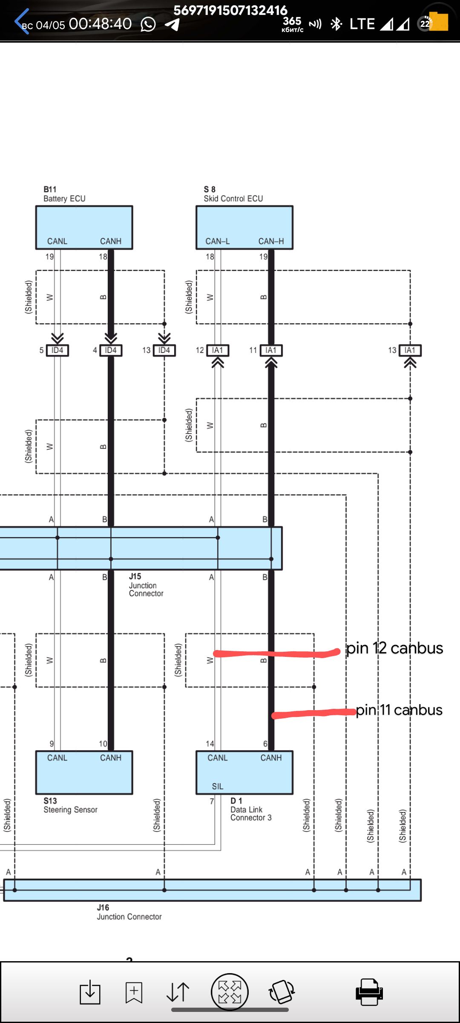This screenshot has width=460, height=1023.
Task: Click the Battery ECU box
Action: click(84, 227)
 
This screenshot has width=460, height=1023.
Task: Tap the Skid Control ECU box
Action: click(244, 227)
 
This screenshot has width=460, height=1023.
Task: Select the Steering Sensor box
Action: click(84, 772)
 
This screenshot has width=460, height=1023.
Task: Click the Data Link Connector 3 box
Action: click(244, 772)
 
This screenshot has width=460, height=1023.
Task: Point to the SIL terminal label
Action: click(218, 786)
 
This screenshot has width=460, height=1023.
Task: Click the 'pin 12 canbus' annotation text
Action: click(394, 648)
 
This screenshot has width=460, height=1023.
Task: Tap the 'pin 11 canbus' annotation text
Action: click(399, 710)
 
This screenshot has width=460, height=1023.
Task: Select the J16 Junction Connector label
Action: click(129, 913)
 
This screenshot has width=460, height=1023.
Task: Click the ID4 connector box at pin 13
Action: click(164, 350)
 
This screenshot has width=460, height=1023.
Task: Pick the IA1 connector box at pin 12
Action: click(218, 350)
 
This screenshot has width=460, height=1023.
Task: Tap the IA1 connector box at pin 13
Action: click(410, 350)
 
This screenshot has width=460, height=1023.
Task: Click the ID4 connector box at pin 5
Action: click(57, 350)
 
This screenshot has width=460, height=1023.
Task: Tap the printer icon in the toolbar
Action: click(369, 992)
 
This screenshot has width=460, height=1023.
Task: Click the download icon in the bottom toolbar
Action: click(90, 992)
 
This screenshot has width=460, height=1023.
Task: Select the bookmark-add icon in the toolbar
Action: click(134, 992)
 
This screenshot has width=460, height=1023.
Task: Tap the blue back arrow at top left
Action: click(21, 21)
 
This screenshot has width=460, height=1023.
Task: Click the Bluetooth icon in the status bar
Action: click(336, 24)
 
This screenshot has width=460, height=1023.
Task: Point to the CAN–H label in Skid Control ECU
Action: click(271, 241)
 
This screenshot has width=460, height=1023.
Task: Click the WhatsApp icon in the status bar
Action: click(148, 24)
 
